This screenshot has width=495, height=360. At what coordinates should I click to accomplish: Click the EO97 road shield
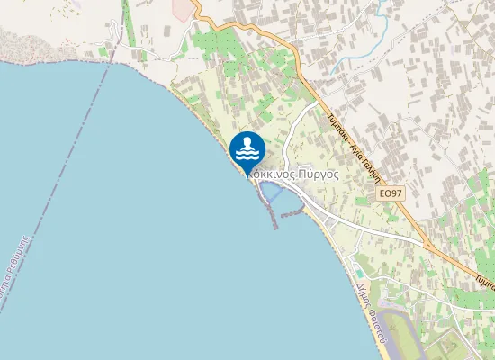pyautogui.click(x=390, y=193)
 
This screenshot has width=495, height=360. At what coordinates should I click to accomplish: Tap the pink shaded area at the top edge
pyautogui.click(x=183, y=9)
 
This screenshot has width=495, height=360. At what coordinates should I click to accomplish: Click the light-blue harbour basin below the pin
pyautogui.click(x=274, y=194)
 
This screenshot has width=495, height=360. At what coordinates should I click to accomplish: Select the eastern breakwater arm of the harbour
pyautogui.click(x=292, y=214)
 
